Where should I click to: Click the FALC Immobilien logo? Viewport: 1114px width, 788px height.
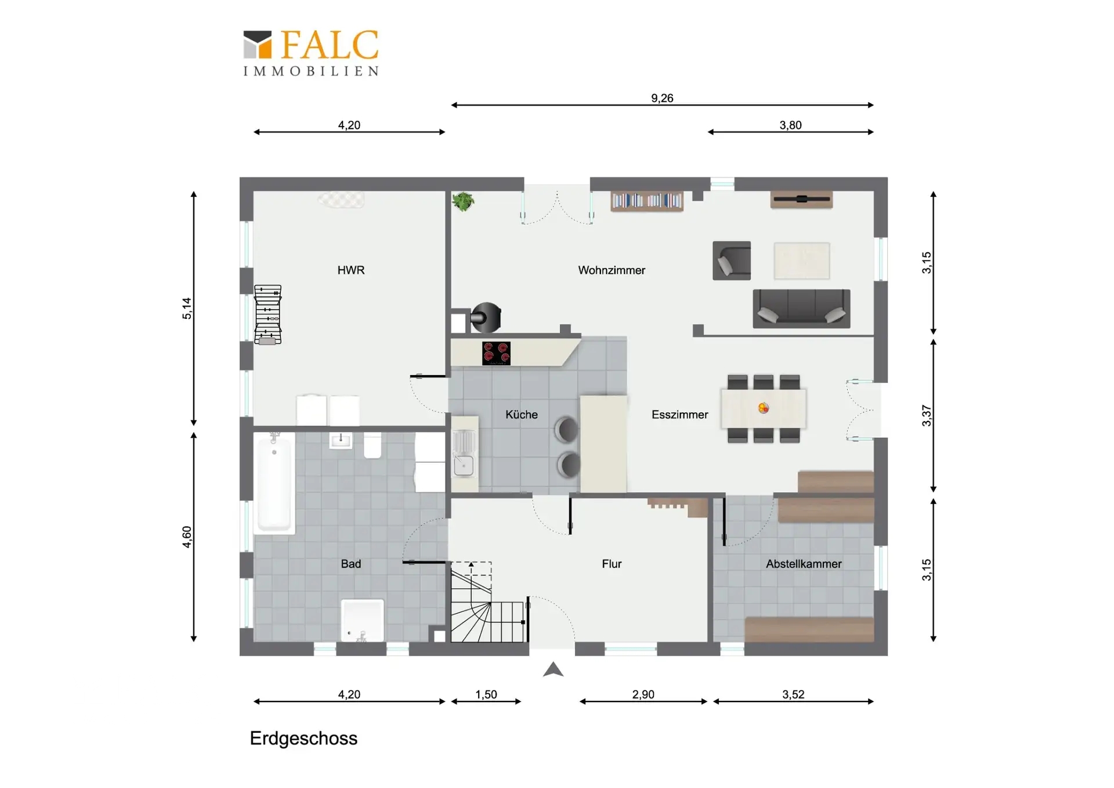tap(310, 53)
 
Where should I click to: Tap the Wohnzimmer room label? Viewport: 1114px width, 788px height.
tap(612, 270)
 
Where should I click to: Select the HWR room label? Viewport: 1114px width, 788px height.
tap(351, 270)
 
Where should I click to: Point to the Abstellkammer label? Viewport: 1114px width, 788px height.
tap(804, 564)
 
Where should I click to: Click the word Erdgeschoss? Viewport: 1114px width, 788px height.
tap(303, 739)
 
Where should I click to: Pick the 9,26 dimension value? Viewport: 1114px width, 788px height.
tap(662, 98)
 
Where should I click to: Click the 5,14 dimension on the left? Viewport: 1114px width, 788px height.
tap(187, 308)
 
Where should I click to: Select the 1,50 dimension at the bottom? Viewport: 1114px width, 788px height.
tap(486, 695)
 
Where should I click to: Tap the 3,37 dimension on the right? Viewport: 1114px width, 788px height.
tap(927, 416)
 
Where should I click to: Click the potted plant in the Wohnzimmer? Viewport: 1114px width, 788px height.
tap(463, 202)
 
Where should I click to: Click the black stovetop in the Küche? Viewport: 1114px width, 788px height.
tap(496, 353)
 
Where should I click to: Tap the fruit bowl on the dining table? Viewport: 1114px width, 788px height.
tap(764, 408)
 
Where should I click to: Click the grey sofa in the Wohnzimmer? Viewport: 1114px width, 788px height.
tap(801, 308)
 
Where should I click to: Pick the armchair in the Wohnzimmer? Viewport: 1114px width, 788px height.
tap(732, 261)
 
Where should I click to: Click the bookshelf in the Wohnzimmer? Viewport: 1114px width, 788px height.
tap(647, 201)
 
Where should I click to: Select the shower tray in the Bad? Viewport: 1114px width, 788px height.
tap(363, 621)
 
